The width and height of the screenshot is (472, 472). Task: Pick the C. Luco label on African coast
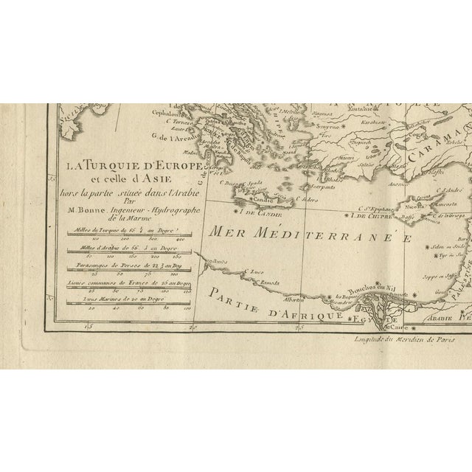[x=253, y=271]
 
